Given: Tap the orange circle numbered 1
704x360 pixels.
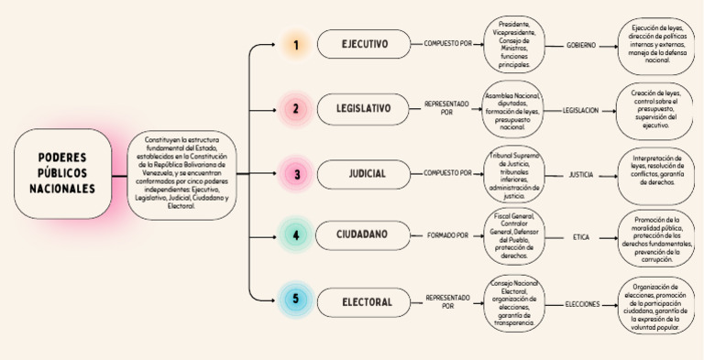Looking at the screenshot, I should (295, 44).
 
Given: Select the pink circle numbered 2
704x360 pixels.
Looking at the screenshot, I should (295, 109).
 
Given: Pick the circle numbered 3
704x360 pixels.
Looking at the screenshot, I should (295, 173).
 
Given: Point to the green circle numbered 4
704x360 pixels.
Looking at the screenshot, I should (295, 235).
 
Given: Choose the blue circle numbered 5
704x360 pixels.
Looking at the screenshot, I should (295, 300).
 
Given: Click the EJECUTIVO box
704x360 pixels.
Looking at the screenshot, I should (364, 44).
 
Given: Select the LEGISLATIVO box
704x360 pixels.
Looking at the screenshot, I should (364, 109).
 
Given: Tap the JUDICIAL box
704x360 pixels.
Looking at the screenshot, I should (364, 173).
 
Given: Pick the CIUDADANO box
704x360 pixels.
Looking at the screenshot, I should (364, 235).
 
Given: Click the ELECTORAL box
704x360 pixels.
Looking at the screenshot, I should (364, 300).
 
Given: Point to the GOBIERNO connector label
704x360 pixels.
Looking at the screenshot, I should (580, 44).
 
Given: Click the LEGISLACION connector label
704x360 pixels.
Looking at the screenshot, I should (580, 109).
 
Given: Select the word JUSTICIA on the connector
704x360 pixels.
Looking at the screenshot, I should (580, 173).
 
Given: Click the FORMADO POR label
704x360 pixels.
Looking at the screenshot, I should (447, 235).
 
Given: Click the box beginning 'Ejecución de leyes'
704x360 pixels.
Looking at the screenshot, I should (656, 44).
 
